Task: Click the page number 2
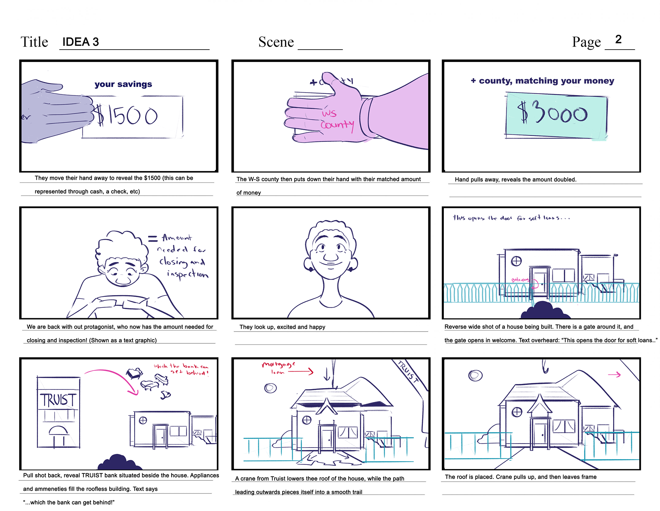tap(618, 40)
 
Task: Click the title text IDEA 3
tap(80, 42)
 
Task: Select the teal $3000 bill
tap(556, 115)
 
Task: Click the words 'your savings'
tap(123, 84)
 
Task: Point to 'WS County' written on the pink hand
tap(336, 119)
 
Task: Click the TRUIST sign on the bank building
tap(58, 400)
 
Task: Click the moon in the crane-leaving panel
tap(475, 375)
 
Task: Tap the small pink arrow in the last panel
tap(614, 375)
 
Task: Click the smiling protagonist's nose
tap(330, 256)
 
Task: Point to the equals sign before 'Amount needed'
tap(153, 238)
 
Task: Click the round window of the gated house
tap(516, 261)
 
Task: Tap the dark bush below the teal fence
tap(545, 311)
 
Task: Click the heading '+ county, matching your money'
tap(542, 81)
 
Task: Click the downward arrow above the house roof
tap(327, 374)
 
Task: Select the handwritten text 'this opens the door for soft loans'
tap(511, 218)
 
